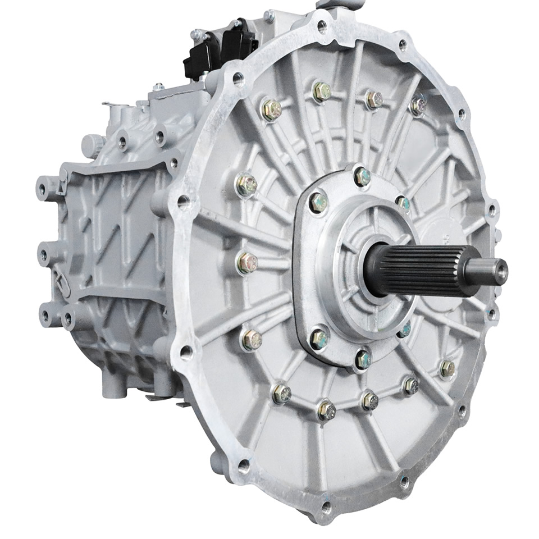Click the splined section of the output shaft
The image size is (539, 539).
[x=415, y=269]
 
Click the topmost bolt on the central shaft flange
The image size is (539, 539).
[x=363, y=176]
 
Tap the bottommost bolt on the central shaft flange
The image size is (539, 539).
[x=364, y=358]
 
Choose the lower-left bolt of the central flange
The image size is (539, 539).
[x=319, y=338]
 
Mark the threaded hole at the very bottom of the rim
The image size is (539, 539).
[x=326, y=508]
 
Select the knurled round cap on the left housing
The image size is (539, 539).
[x=93, y=145]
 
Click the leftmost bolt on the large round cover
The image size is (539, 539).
[x=247, y=263]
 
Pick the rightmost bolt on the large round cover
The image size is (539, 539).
[x=447, y=368]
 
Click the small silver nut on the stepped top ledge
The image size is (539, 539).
[x=159, y=87]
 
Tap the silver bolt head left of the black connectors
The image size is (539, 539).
[x=196, y=35]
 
